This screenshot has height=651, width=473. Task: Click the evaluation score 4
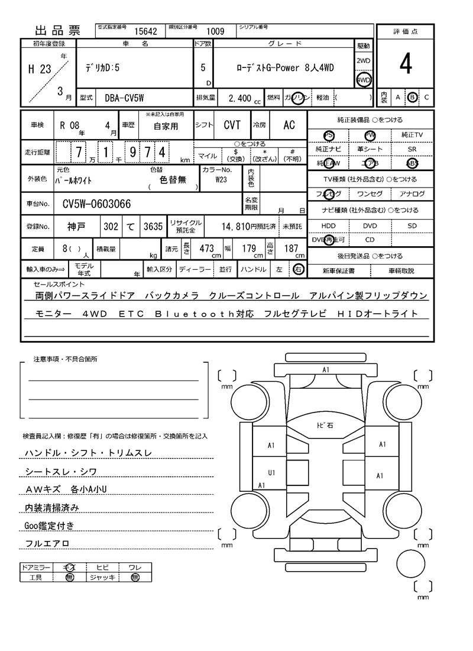(405, 65)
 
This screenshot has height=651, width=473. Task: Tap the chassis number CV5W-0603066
(97, 205)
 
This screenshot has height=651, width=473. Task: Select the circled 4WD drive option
(363, 80)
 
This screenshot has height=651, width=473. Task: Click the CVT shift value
(232, 125)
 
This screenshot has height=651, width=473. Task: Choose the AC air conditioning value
(289, 125)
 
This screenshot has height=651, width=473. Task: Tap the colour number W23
(221, 179)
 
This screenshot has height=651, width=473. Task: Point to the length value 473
(206, 249)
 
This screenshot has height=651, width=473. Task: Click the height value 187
(291, 249)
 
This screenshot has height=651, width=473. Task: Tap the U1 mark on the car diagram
(271, 473)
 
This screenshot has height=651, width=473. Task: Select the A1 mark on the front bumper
(325, 370)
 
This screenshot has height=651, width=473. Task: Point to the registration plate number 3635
(153, 226)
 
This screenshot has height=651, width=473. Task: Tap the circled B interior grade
(413, 97)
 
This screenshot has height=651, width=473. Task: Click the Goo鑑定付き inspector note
(49, 526)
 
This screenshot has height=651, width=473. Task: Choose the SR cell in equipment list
(412, 150)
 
